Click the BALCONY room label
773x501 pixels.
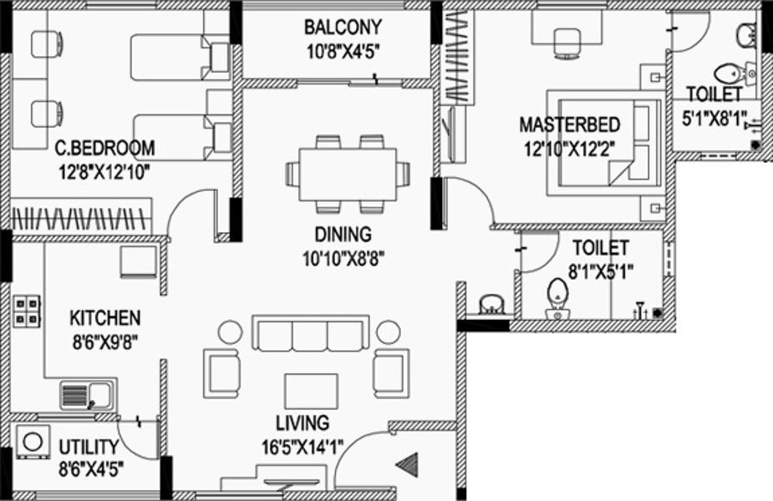click(x=343, y=27)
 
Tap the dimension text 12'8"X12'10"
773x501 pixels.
click(x=104, y=172)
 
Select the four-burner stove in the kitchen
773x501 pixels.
click(x=26, y=311)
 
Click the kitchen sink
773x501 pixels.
click(x=88, y=395)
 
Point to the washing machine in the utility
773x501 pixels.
click(x=33, y=442)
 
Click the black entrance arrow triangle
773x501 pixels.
click(x=408, y=464)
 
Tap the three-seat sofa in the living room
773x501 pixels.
click(x=311, y=333)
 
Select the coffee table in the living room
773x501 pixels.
click(x=311, y=391)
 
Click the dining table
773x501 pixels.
click(x=348, y=175)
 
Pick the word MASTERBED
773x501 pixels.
click(x=570, y=124)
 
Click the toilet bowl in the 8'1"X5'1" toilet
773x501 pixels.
click(x=557, y=299)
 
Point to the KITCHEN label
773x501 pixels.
click(x=105, y=318)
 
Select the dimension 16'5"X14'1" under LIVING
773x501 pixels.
click(x=302, y=448)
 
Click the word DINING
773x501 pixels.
click(x=343, y=235)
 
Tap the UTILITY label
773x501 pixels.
click(x=89, y=448)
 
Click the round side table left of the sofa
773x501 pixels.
click(x=230, y=332)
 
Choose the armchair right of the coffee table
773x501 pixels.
click(x=391, y=373)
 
